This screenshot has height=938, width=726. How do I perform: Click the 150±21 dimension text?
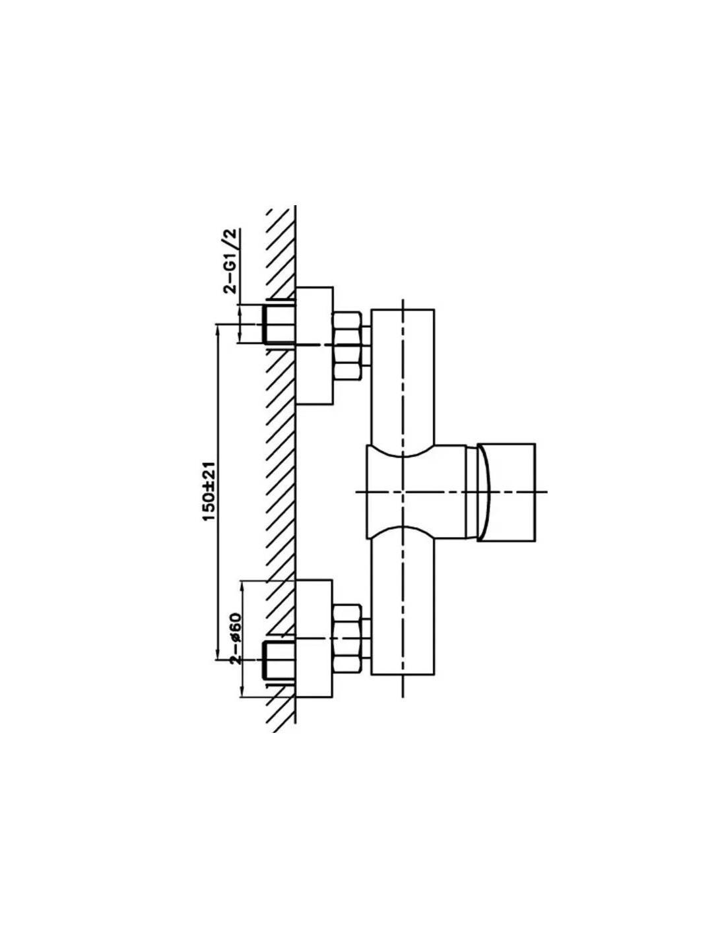pyautogui.click(x=209, y=493)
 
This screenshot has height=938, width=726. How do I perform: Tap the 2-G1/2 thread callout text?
pyautogui.click(x=231, y=262)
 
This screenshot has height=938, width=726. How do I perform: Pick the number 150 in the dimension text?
pyautogui.click(x=209, y=508)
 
